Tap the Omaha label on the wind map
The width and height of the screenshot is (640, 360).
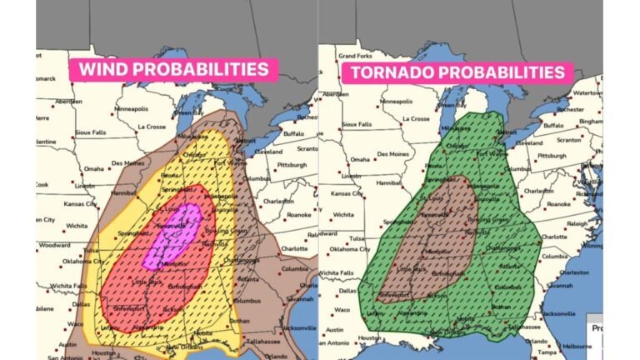pos(92,169)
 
